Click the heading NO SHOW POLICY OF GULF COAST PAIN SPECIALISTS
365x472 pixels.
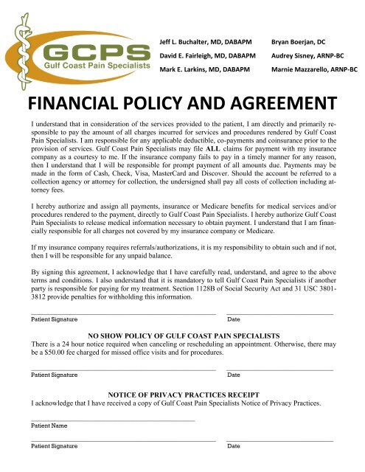[182, 336]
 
